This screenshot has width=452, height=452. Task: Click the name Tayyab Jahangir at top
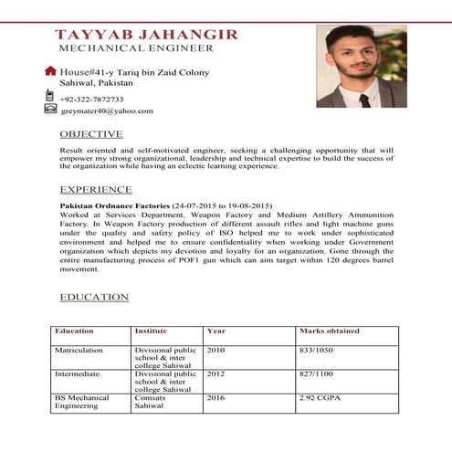(x=146, y=34)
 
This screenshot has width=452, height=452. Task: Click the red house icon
(x=50, y=70)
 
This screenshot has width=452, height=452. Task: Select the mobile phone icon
(x=49, y=95)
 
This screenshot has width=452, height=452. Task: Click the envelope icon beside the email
(x=50, y=109)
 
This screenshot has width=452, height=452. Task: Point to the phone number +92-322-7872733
(x=91, y=99)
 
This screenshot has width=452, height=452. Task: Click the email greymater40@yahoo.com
(x=107, y=111)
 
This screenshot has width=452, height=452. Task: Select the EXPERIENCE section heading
(x=96, y=190)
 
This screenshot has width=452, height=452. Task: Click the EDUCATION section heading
(x=94, y=298)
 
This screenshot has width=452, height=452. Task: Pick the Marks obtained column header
(x=329, y=331)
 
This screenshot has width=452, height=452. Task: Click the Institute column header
(x=151, y=331)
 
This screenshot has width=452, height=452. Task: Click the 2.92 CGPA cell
(x=319, y=399)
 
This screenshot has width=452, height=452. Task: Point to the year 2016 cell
(x=216, y=399)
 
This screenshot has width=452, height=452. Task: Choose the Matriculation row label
(x=79, y=350)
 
